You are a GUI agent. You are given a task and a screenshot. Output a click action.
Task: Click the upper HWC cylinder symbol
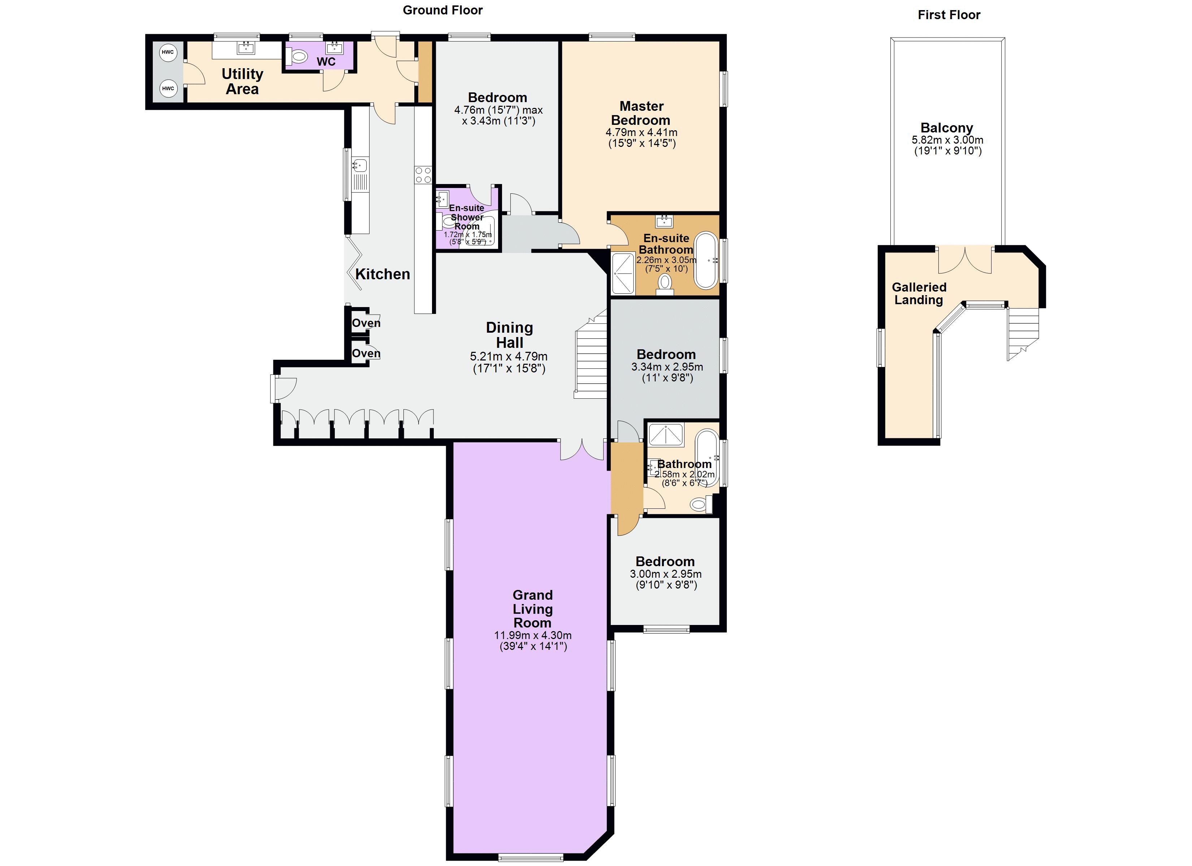click(x=168, y=52)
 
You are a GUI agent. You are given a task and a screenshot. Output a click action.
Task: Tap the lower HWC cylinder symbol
click(x=168, y=88)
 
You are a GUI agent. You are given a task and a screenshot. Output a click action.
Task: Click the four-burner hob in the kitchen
click(x=423, y=175)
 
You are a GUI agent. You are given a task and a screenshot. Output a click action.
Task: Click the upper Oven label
click(x=366, y=323)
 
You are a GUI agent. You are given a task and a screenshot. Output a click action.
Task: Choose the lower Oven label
click(x=366, y=354)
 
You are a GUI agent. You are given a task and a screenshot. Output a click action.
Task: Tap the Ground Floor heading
click(x=442, y=10)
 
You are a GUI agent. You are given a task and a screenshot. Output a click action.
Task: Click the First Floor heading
click(x=949, y=15)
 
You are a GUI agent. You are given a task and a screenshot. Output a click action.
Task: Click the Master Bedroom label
click(x=641, y=113)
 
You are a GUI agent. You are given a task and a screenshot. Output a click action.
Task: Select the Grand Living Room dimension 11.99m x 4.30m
click(x=532, y=635)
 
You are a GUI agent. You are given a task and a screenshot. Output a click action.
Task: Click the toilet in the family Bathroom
click(x=699, y=505)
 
